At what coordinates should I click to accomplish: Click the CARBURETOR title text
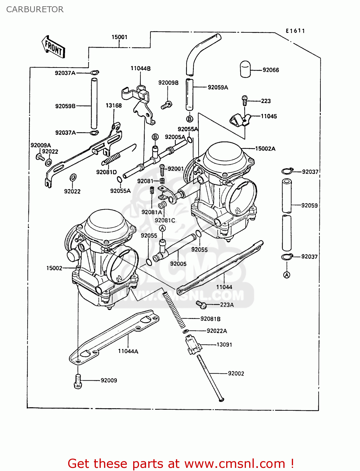35,9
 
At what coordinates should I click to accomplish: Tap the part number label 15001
119,37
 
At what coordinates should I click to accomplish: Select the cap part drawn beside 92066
245,69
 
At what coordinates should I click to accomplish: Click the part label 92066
270,70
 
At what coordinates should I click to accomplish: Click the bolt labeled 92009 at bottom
78,381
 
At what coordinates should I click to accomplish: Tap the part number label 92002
236,373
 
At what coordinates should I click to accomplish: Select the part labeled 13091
193,344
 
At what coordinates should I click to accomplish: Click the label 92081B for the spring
210,319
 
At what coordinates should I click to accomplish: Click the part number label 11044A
128,351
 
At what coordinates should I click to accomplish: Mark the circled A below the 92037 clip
286,275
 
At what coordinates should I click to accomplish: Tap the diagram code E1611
295,31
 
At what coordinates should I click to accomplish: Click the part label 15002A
265,149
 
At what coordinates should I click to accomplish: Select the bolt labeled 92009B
166,105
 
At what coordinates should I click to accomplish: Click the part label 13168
113,106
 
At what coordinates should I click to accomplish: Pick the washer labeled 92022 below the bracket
73,178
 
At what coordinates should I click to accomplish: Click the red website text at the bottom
181,463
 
